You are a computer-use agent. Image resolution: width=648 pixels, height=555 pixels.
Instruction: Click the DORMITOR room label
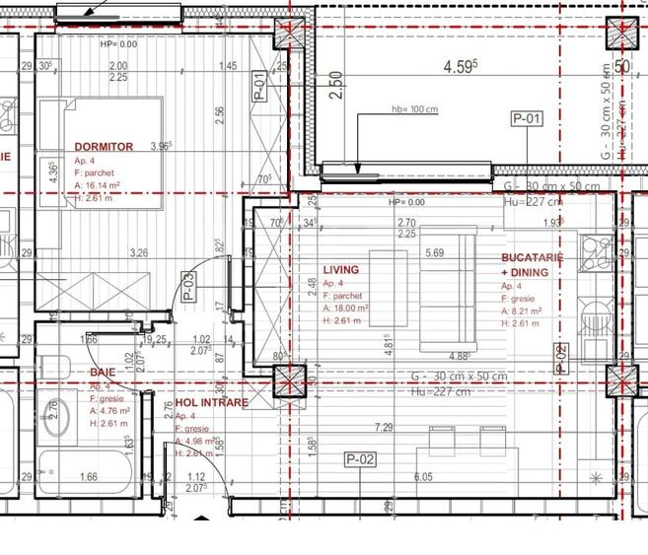(x=104, y=147)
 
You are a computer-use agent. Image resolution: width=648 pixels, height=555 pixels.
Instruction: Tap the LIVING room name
(x=341, y=269)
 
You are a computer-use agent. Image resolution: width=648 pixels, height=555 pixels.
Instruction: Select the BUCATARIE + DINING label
(x=532, y=264)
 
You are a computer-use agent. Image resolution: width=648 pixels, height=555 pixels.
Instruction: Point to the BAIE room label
(x=103, y=373)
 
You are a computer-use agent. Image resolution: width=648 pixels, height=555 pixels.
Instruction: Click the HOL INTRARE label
(x=212, y=402)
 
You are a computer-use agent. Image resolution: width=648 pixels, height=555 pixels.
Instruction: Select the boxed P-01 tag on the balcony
(x=527, y=119)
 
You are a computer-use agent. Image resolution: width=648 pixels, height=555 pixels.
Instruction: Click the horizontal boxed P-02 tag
(x=361, y=458)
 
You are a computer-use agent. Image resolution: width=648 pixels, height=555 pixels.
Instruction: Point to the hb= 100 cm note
(x=413, y=109)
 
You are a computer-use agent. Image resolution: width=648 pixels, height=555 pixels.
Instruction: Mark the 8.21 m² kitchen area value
(x=530, y=311)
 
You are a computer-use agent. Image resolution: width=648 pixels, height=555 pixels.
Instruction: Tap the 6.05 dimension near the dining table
(x=423, y=476)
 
